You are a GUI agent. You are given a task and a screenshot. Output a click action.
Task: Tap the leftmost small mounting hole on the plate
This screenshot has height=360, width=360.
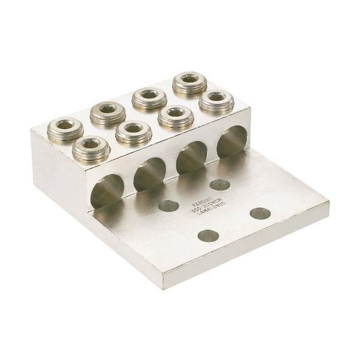click(167, 206)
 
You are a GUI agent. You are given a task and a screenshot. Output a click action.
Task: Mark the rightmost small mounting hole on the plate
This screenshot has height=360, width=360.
click(259, 211)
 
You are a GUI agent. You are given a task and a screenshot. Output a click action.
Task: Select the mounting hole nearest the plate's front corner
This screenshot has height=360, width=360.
click(206, 236)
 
